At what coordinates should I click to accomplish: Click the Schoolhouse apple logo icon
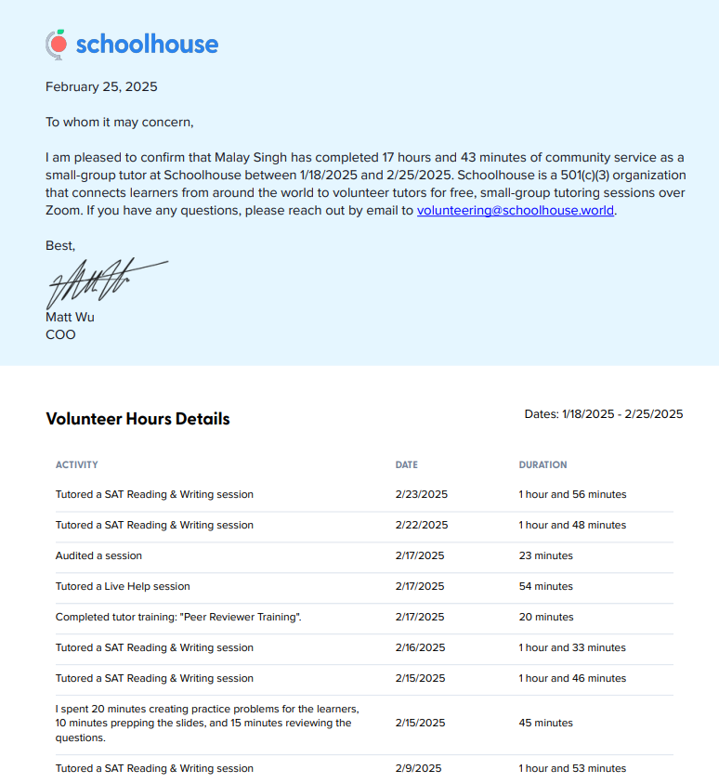tap(57, 43)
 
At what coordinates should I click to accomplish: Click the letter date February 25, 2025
tap(101, 87)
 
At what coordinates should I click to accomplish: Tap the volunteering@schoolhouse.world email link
tap(516, 210)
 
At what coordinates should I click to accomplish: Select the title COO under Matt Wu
tap(60, 334)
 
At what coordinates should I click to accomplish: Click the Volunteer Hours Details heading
tap(137, 419)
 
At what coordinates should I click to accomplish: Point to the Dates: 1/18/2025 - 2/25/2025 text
tap(603, 414)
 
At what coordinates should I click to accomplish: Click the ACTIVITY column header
tap(76, 464)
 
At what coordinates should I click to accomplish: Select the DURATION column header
tap(543, 464)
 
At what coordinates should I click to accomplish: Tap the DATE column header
tap(406, 464)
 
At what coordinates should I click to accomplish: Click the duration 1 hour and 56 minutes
tap(572, 494)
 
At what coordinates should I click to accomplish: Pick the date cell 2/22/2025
tap(421, 525)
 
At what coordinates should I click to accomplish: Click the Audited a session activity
tap(98, 555)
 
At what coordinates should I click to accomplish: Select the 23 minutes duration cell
tap(545, 555)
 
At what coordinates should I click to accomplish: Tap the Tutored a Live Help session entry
tap(123, 586)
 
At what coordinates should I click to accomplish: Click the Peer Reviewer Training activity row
tap(178, 617)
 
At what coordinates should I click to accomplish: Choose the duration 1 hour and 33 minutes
tap(572, 647)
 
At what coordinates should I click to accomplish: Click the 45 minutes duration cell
tap(545, 723)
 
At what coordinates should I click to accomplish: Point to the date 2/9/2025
tap(418, 768)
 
